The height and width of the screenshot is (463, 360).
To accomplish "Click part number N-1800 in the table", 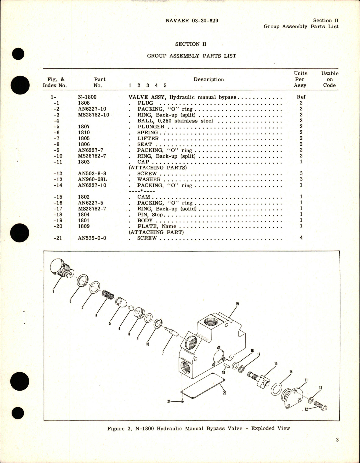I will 87,97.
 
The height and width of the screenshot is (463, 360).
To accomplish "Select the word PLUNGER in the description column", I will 151,127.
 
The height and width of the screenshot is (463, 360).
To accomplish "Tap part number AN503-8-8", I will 92,174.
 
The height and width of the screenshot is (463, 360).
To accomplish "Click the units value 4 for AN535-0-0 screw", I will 301,238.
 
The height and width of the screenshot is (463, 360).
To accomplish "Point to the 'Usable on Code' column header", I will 329,79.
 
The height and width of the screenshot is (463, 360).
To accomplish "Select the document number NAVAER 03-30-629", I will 192,21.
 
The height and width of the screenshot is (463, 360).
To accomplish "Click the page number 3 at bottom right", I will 337,440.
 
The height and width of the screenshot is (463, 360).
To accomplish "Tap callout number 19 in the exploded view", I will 237,304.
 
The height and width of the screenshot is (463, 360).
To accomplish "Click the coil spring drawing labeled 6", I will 108,295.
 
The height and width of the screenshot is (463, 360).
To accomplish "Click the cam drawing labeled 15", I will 259,379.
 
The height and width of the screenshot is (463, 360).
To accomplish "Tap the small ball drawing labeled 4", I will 131,307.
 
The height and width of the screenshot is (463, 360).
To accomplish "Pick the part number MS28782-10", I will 94,115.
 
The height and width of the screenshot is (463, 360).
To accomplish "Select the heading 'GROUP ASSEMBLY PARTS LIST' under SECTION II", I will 191,56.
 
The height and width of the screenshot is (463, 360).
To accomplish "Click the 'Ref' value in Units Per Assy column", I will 301,97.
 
